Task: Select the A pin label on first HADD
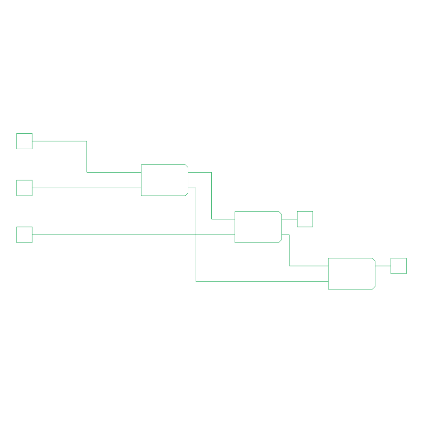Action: pos(144,172)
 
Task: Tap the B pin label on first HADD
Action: pos(144,188)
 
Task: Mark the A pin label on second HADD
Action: pos(238,219)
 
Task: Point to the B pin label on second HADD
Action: pos(238,235)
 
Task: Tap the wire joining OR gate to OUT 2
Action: pos(383,266)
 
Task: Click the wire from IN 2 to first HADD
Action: pos(86,188)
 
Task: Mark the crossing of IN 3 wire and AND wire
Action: pos(196,235)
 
